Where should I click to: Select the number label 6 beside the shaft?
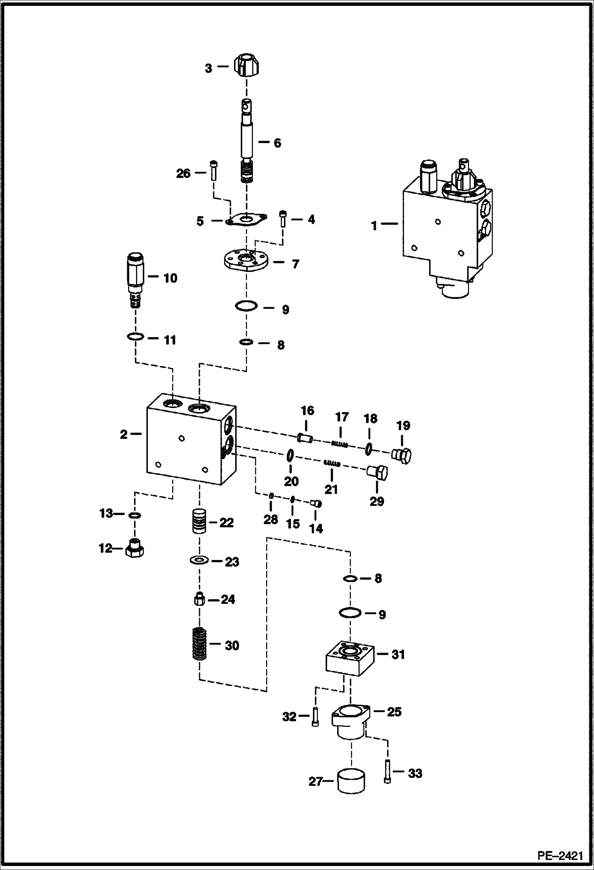point(277,143)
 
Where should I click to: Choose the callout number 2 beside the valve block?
point(124,435)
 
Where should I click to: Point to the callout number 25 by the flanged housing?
point(394,712)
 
